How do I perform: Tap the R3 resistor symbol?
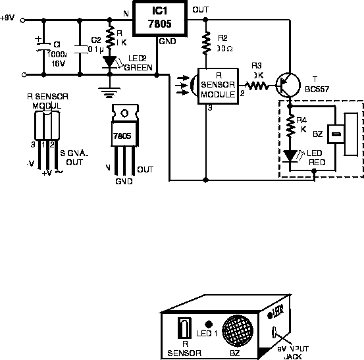pos(253,84)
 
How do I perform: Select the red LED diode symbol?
pos(290,155)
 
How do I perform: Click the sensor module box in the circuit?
pos(217,86)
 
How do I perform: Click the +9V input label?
pos(7,18)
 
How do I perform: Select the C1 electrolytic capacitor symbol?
pos(43,49)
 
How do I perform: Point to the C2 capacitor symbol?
pos(80,49)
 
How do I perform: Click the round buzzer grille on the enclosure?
pos(238,329)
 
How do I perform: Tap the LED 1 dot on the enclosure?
pos(209,324)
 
